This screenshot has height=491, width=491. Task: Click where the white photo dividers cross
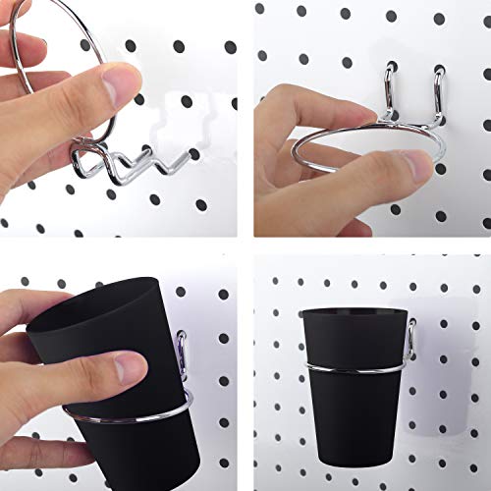(x=245, y=245)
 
